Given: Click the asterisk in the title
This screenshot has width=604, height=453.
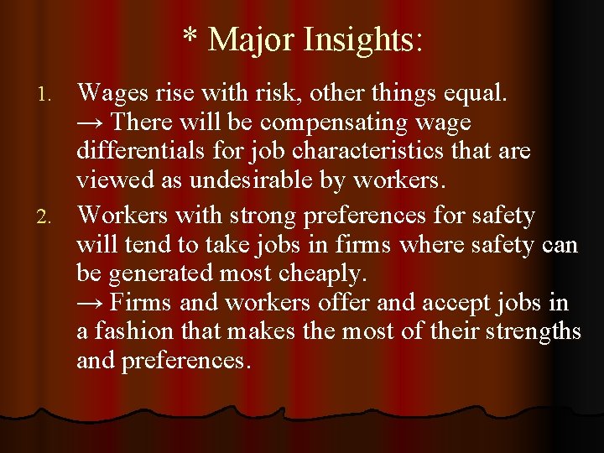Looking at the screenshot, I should click(x=190, y=39).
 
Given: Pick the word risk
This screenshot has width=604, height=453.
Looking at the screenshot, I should click(x=289, y=92).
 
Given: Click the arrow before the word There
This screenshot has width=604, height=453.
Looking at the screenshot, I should click(x=91, y=123).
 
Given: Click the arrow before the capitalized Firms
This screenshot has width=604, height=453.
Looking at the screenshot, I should click(x=91, y=302).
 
